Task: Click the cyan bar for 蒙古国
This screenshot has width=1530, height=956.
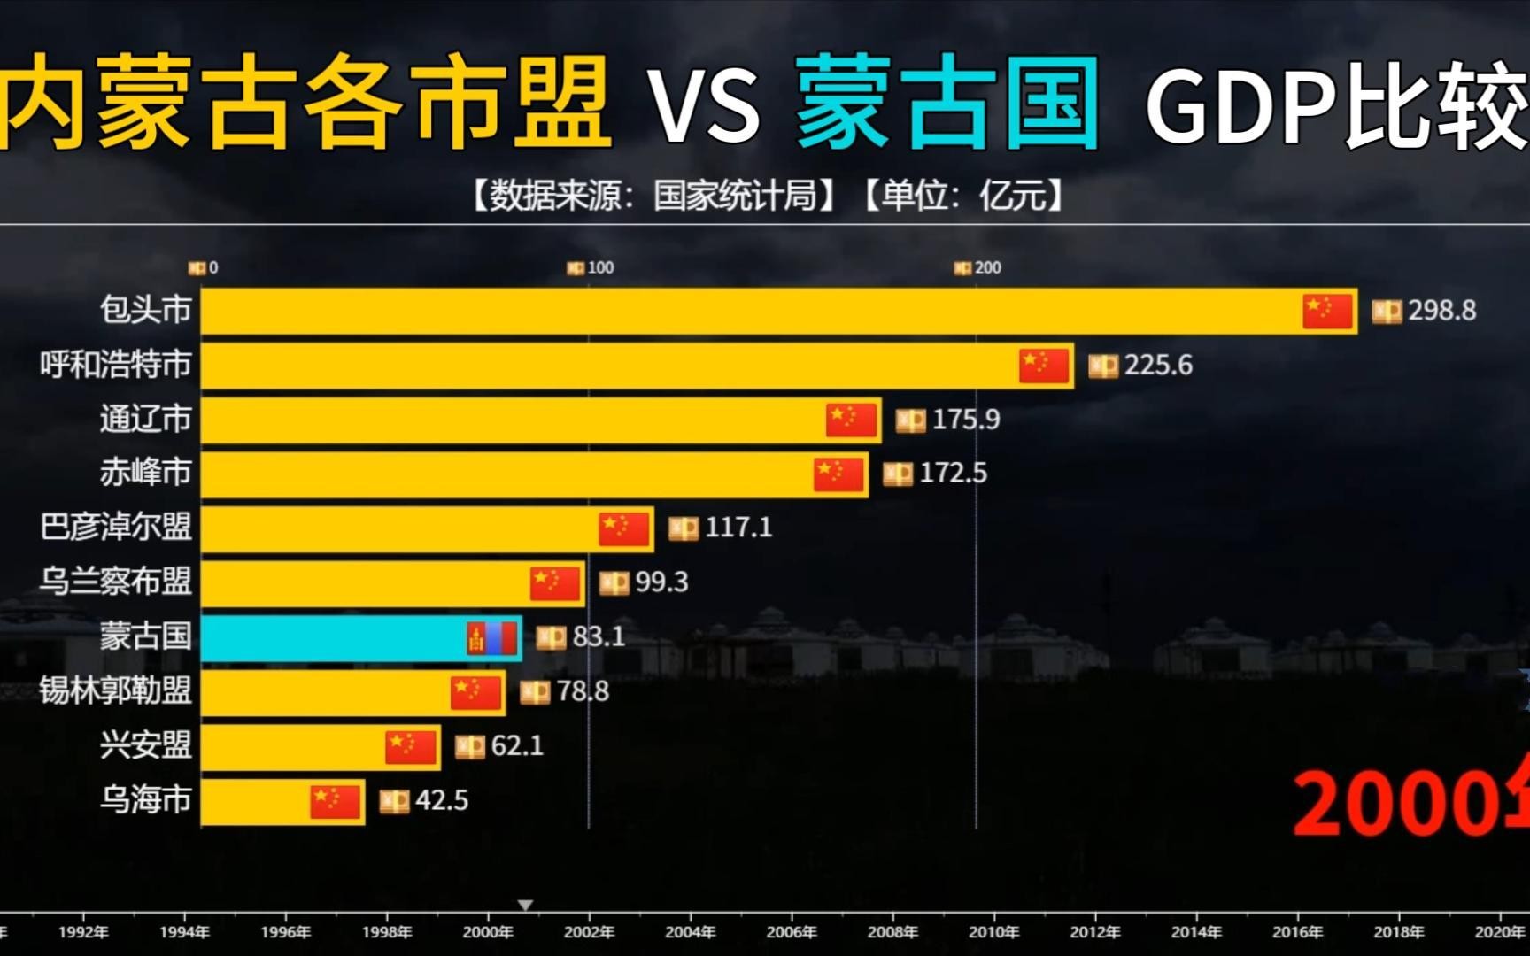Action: coord(336,637)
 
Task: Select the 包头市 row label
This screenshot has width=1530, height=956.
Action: coord(145,310)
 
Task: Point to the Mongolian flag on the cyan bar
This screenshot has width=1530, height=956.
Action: coord(492,637)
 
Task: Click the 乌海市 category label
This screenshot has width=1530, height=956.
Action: coord(145,799)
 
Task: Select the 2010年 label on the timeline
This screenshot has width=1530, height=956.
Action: coord(993,931)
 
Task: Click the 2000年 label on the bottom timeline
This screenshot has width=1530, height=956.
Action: coord(488,931)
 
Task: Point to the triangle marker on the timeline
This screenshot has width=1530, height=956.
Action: coord(525,905)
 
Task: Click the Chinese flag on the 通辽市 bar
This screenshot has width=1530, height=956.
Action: coord(851,420)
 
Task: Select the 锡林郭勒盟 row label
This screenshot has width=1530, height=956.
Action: coord(115,690)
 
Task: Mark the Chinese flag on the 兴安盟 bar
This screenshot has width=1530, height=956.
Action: coord(411,746)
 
